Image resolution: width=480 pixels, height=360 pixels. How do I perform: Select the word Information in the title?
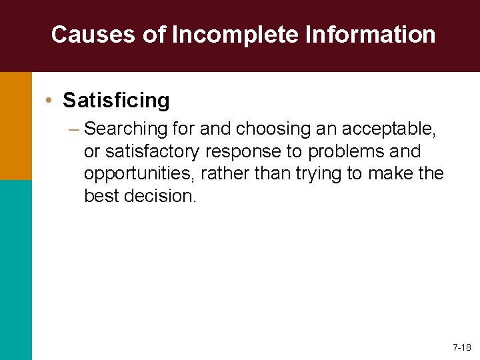(x=371, y=35)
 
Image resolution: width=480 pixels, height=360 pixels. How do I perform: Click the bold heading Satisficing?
(x=116, y=101)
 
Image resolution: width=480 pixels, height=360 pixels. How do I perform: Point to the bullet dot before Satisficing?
(x=50, y=101)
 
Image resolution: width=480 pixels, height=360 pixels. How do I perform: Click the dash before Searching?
(x=73, y=127)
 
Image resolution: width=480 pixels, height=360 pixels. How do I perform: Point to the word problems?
(x=350, y=150)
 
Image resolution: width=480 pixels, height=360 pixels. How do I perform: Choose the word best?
(x=100, y=196)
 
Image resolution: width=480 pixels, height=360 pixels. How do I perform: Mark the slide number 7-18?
(x=461, y=347)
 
